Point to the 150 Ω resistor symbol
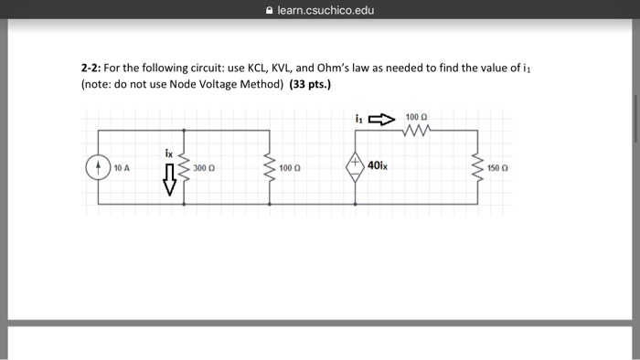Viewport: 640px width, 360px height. tap(476, 168)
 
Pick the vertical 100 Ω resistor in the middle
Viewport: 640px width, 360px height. tap(269, 168)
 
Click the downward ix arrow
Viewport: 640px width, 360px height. tap(168, 184)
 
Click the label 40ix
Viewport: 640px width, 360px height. tap(377, 165)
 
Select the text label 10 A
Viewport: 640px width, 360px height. tap(123, 169)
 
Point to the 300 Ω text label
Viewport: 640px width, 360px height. tap(204, 169)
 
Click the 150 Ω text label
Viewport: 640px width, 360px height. tap(497, 169)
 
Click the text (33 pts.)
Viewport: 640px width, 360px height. tap(310, 84)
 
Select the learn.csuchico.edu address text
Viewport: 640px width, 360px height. tap(325, 10)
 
